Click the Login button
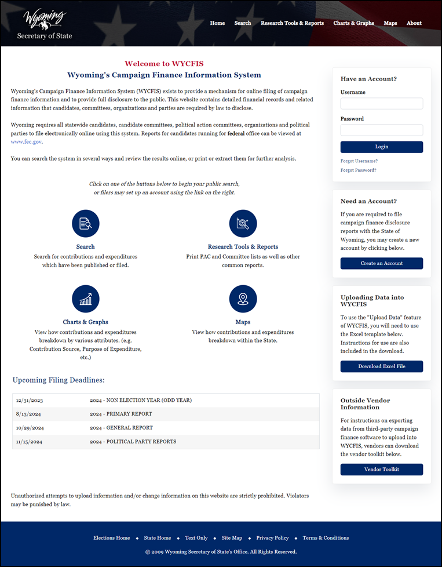tap(382, 147)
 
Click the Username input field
tap(382, 104)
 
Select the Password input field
tap(382, 130)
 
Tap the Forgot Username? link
tap(359, 161)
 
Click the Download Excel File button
tap(382, 366)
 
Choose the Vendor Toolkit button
tap(382, 470)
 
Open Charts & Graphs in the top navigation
tap(353, 23)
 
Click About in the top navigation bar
tap(414, 23)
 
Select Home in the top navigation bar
tap(217, 23)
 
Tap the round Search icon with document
tap(86, 224)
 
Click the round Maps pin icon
tap(243, 299)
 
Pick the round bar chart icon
tap(86, 299)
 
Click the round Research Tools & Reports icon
tap(243, 224)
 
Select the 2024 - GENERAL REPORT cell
tap(121, 428)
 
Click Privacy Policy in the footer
tap(272, 538)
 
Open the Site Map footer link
tap(232, 538)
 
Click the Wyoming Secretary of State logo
tap(45, 24)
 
